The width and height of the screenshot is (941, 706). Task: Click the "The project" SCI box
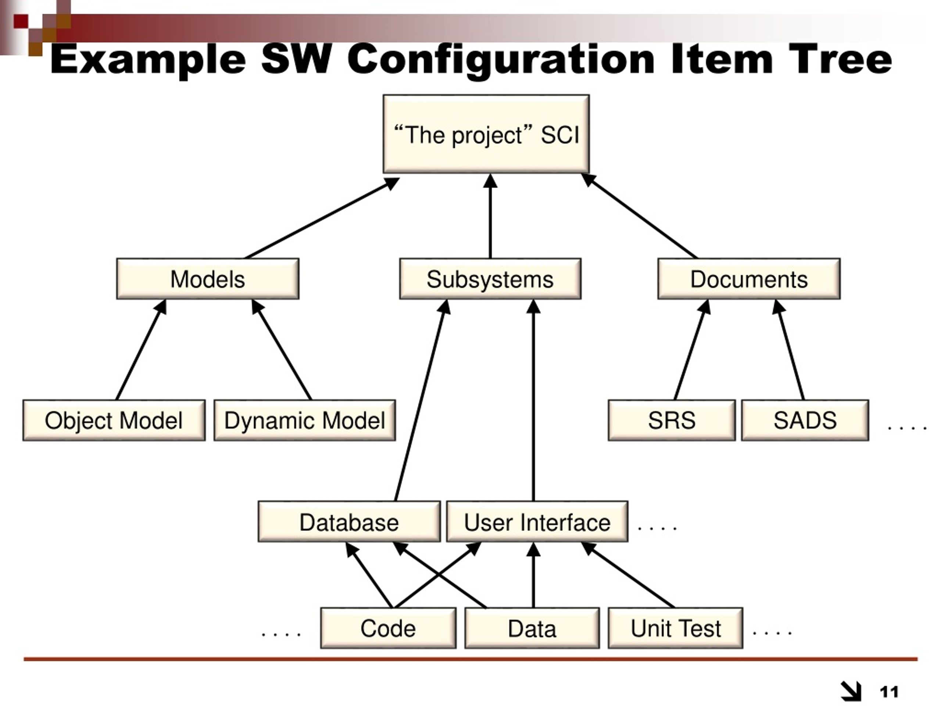point(486,134)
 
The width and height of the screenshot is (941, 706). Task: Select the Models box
point(208,279)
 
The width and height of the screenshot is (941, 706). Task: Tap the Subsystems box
point(490,279)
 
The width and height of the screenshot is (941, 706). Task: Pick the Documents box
point(749,279)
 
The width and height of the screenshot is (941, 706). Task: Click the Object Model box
point(114,420)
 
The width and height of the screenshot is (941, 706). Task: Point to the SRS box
point(671,420)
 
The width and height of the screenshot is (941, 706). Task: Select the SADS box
point(805,420)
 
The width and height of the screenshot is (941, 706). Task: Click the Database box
point(349,522)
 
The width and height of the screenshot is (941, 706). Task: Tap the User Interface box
point(537,522)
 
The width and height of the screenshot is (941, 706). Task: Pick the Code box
point(388,628)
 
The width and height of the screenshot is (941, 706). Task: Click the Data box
point(532,628)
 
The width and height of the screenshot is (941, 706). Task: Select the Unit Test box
point(676,628)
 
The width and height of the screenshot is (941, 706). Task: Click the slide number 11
point(889,692)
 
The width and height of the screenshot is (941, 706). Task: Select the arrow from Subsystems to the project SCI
point(490,217)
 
